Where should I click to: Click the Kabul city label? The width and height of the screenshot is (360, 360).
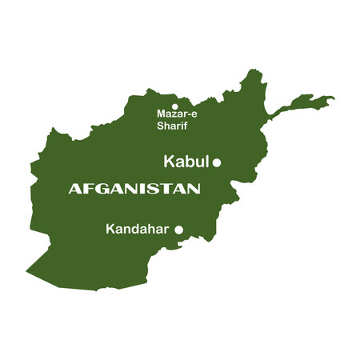point(186,162)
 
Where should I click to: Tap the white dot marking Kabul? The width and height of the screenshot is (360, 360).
point(216,162)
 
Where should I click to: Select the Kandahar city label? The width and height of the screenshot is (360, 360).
point(137,230)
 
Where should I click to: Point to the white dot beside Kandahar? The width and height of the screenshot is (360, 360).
point(178,230)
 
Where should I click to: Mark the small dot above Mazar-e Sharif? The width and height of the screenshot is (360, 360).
point(174,105)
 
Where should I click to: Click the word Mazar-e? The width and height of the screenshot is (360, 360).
point(177,114)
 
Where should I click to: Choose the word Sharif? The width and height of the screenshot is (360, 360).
point(171,125)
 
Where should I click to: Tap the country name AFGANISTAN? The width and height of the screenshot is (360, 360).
point(134,190)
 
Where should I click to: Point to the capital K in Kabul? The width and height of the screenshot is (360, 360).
point(169,162)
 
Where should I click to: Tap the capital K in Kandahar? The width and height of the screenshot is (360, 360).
point(110,230)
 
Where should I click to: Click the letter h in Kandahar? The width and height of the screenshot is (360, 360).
point(152,230)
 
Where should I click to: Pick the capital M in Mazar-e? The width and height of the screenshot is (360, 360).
point(161,114)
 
